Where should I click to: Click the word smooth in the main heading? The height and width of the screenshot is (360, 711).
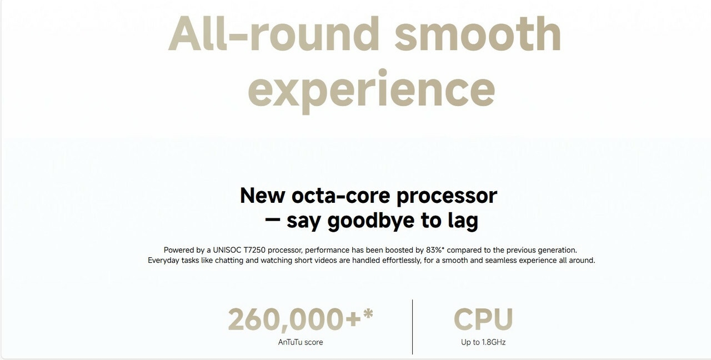[478, 33]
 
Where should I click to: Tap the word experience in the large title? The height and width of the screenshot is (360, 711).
[372, 91]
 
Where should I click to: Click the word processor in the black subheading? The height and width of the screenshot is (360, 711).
[447, 197]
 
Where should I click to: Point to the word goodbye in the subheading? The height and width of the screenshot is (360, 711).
[370, 221]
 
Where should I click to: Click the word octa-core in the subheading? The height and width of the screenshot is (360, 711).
[341, 196]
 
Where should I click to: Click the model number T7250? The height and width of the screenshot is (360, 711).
[254, 250]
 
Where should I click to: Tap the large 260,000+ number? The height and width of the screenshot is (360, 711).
[294, 319]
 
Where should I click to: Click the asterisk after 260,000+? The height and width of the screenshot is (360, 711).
[368, 314]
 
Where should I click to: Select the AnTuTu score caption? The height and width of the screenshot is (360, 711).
[301, 342]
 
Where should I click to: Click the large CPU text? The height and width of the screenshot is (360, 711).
[483, 319]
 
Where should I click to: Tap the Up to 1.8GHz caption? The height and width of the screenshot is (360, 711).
[483, 342]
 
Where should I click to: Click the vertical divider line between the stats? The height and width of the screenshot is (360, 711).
[412, 327]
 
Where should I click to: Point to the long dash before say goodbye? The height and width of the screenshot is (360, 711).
[272, 219]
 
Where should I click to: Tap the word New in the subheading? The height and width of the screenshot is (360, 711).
[262, 196]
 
